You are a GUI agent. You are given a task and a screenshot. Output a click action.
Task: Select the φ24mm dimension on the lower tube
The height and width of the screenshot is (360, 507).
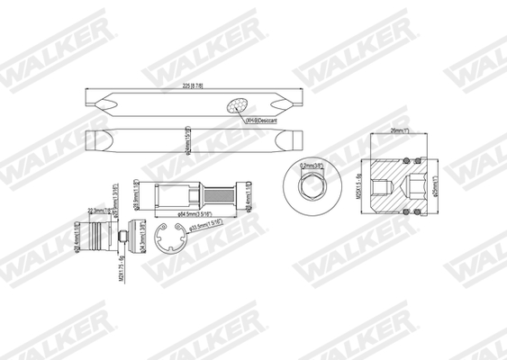(x=186, y=143)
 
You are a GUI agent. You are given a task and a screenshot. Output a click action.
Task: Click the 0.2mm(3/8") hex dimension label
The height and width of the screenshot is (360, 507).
(x=316, y=166)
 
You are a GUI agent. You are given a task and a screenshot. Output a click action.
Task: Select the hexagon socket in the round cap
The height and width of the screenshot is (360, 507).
(x=306, y=189)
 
